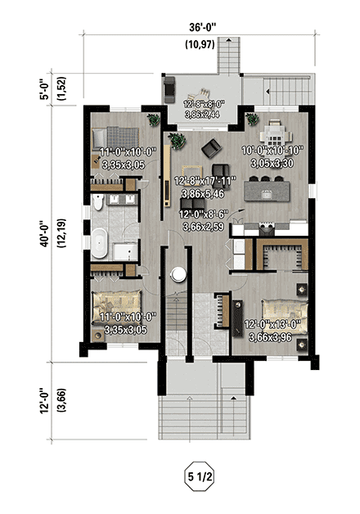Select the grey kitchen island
coord(277,194)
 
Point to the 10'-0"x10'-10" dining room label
coord(273,156)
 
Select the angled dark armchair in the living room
coord(212,147)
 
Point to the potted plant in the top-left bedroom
coord(151,120)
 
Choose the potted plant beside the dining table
coord(251,119)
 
